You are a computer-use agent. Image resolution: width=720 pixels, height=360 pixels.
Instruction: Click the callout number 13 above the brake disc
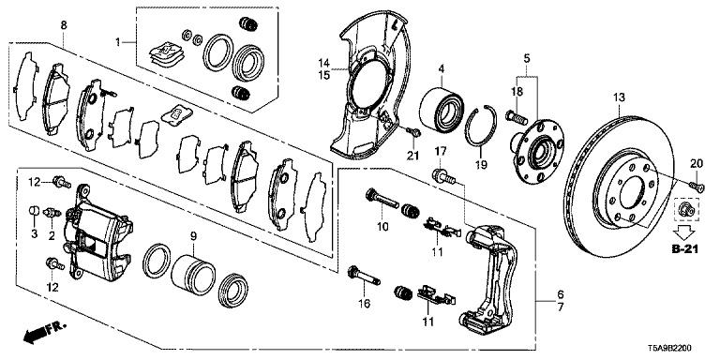619,97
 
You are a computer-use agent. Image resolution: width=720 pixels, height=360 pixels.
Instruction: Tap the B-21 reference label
685,249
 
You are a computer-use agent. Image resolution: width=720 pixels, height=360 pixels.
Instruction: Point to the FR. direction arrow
45,333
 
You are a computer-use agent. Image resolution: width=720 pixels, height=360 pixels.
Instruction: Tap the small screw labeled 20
697,186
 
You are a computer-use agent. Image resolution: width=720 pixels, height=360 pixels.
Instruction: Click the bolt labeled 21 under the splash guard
414,133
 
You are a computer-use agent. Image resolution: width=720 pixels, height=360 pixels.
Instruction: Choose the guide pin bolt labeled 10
382,199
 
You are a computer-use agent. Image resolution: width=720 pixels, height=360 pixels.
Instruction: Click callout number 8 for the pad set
64,25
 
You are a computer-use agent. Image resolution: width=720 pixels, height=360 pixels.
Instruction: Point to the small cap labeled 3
34,211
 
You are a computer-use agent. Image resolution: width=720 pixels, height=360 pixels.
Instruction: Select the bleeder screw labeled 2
52,214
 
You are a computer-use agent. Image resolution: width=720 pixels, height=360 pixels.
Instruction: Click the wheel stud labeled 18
517,117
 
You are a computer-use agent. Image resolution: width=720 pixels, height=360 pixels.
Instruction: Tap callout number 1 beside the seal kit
117,43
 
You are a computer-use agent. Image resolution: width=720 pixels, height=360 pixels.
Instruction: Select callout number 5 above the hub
527,59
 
